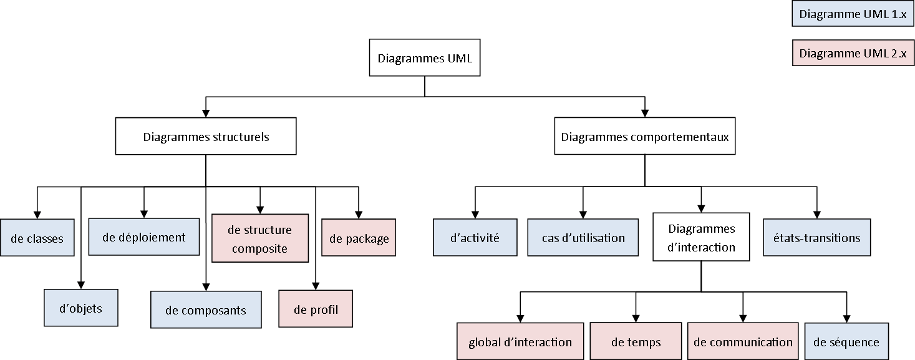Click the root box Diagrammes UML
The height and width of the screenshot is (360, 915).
pos(425,59)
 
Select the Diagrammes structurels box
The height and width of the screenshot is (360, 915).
pos(206,137)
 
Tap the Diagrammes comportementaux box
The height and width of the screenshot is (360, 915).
pos(645,137)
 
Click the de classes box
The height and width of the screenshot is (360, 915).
pos(37,238)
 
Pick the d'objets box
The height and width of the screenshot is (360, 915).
pos(81,308)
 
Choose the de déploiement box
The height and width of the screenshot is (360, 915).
pos(144,237)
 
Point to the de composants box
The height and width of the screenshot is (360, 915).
pos(206,310)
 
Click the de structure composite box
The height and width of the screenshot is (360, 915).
pos(260,238)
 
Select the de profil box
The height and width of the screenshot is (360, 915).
pos(316,309)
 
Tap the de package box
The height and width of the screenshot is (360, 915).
pos(359,238)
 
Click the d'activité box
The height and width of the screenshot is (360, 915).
pos(475,238)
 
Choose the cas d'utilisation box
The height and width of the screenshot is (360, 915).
pos(583,238)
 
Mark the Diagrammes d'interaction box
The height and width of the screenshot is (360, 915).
pos(701,238)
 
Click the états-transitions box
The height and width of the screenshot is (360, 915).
pos(816,238)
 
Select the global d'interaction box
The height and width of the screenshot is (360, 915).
pos(520,341)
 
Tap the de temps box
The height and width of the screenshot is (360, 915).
pos(636,341)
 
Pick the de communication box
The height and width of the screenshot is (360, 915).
pos(743,341)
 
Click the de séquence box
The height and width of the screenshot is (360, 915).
pos(846,341)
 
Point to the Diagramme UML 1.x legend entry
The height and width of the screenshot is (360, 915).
pos(853,14)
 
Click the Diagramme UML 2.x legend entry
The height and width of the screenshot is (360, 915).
pos(853,53)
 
